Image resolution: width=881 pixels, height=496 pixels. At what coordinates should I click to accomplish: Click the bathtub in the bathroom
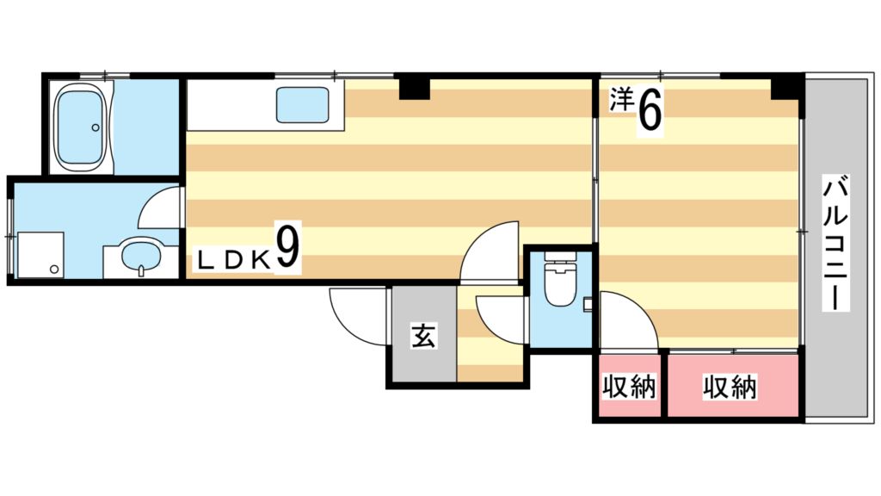point(81,127)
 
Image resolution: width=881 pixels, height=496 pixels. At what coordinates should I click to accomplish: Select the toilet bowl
point(559,283)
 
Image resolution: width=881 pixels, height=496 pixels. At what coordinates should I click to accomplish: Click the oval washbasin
point(139,256)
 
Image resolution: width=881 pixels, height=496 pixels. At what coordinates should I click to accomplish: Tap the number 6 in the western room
point(650,110)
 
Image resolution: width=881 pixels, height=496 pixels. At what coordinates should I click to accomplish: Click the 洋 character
point(621,99)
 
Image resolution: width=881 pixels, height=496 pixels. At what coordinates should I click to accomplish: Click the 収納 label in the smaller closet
point(628,387)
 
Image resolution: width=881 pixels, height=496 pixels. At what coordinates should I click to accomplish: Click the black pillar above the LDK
point(414,87)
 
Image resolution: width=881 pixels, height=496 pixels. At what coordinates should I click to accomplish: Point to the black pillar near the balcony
point(784,86)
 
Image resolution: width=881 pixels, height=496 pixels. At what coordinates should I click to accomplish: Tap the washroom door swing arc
point(159,209)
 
